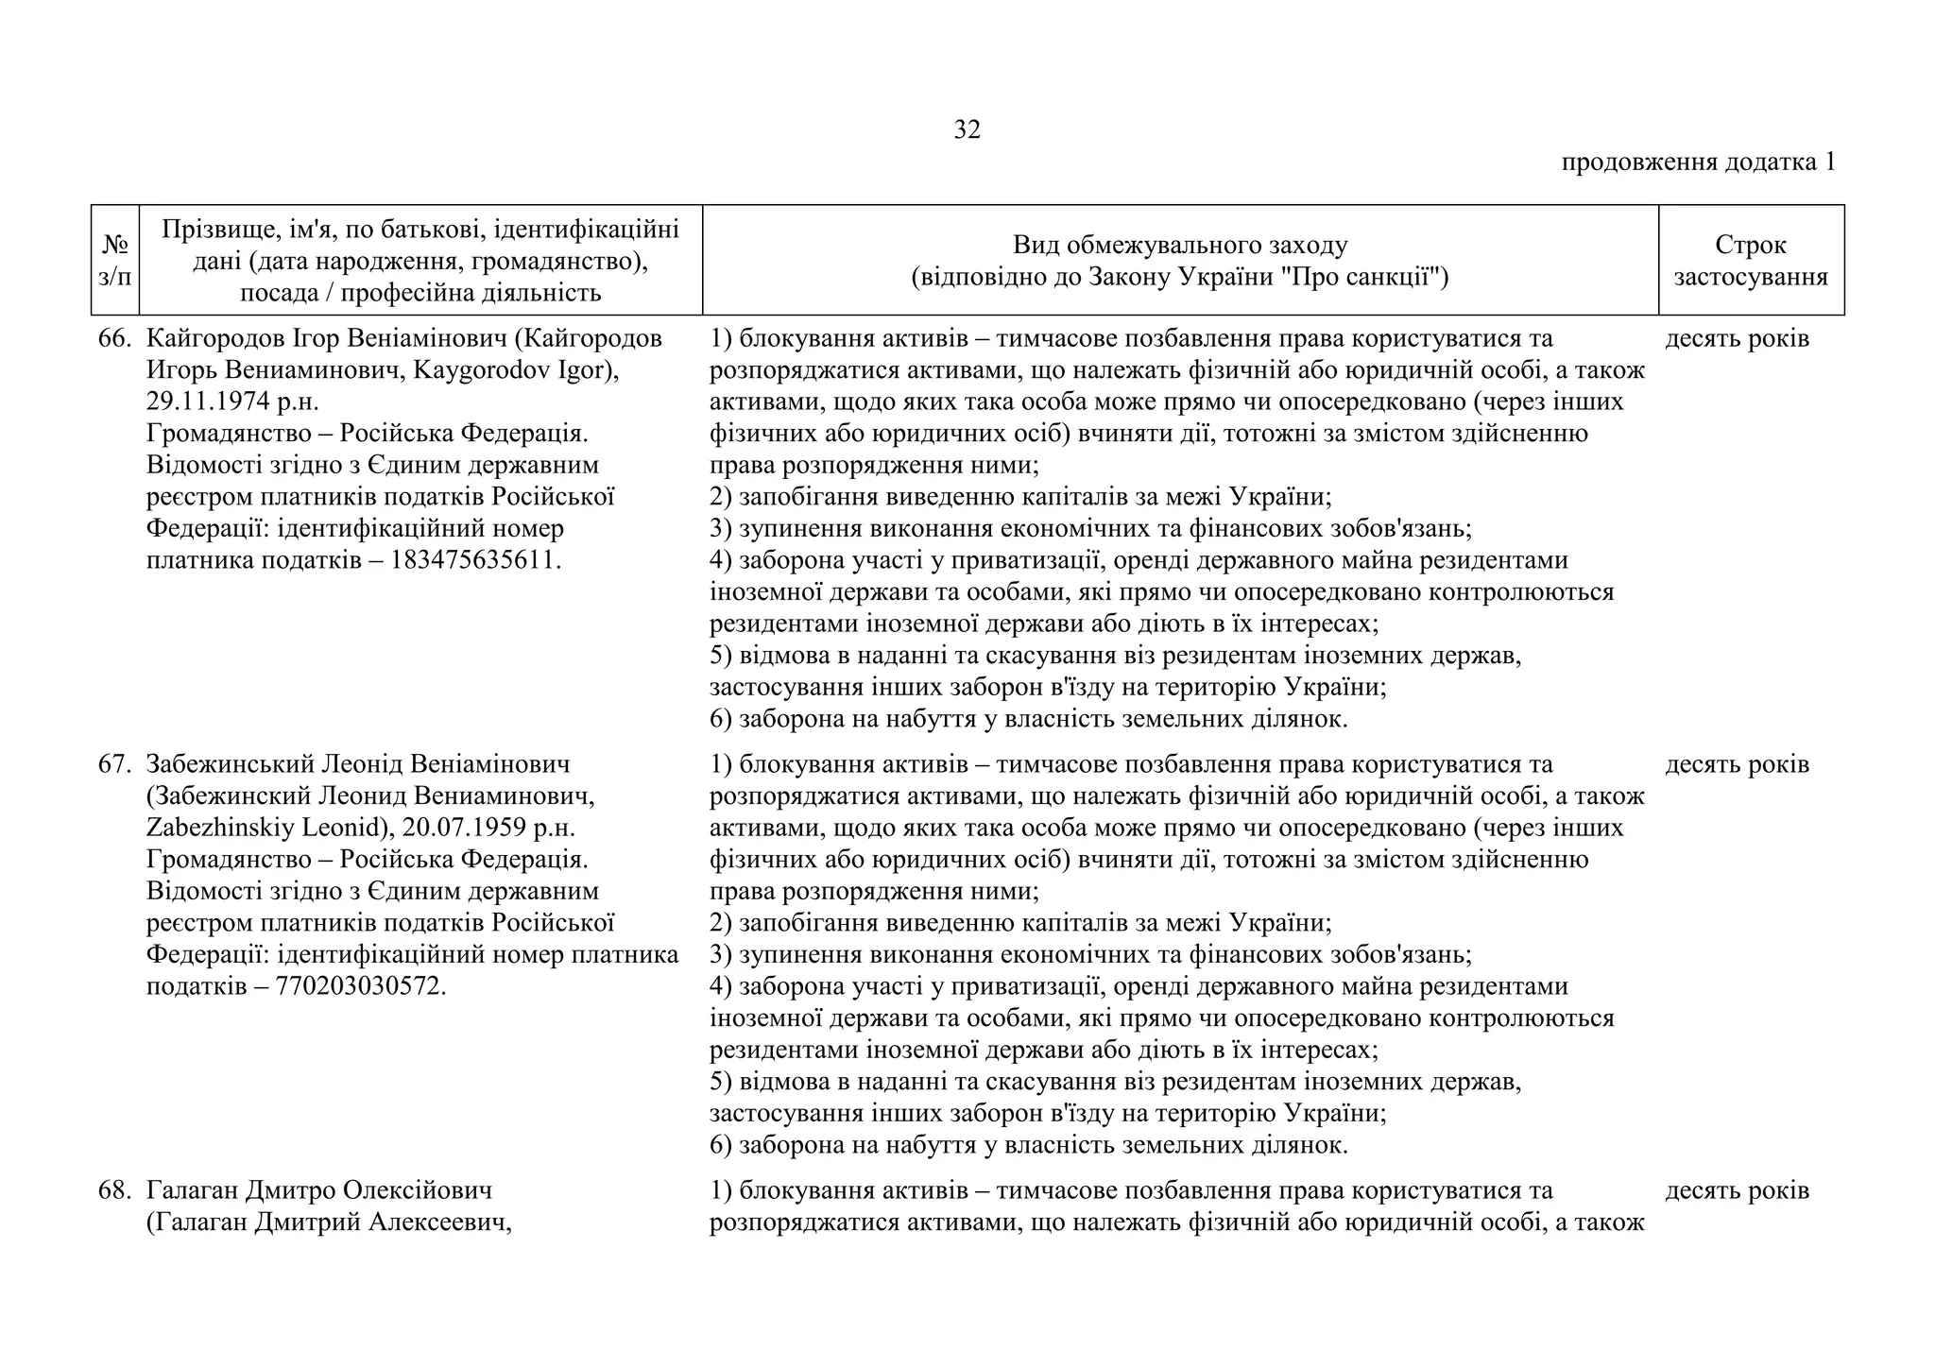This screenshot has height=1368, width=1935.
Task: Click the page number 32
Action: pyautogui.click(x=967, y=130)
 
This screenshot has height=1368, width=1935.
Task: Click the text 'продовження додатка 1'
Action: pyautogui.click(x=1697, y=162)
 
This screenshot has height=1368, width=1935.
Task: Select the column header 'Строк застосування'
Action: pyautogui.click(x=1750, y=261)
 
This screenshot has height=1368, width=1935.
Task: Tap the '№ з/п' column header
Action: pyautogui.click(x=114, y=261)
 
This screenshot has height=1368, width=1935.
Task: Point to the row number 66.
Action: pyautogui.click(x=114, y=339)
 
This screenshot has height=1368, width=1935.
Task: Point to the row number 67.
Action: pyautogui.click(x=114, y=764)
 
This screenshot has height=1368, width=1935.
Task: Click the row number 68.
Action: pyautogui.click(x=114, y=1190)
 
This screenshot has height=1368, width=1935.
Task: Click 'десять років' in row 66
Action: pyautogui.click(x=1737, y=339)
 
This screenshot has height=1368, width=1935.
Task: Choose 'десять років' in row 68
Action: pyautogui.click(x=1737, y=1190)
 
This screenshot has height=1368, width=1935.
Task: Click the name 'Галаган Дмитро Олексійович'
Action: pyautogui.click(x=319, y=1190)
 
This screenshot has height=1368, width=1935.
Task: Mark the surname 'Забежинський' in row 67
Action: pyautogui.click(x=230, y=764)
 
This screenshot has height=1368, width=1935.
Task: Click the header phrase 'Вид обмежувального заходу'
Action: pyautogui.click(x=1179, y=246)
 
